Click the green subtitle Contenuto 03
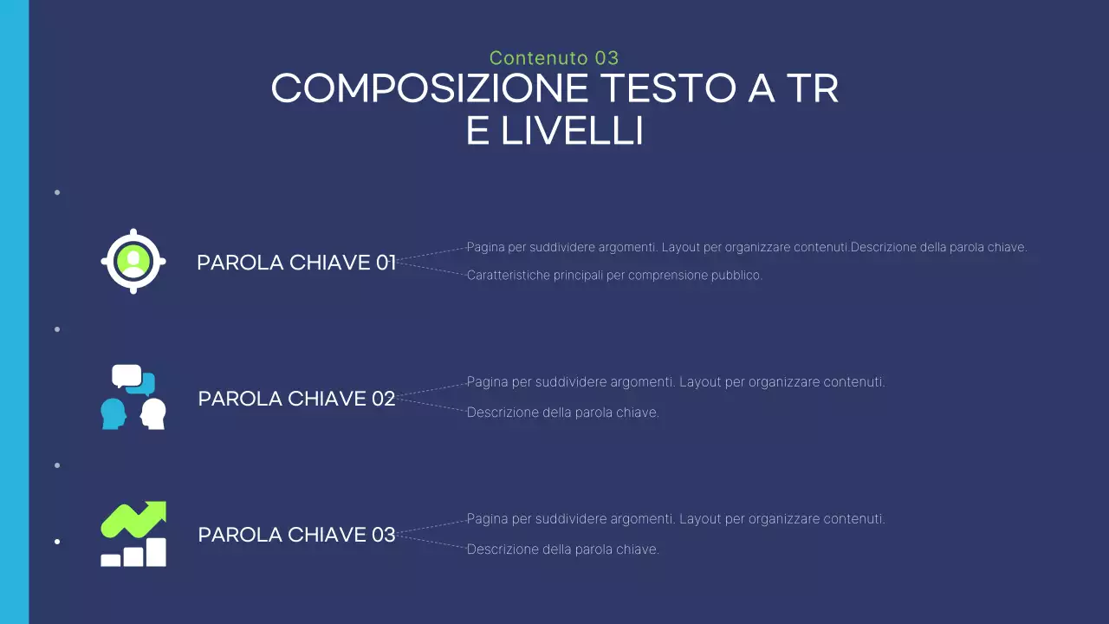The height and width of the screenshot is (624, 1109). point(554,58)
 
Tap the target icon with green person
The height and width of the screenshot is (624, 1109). point(133,261)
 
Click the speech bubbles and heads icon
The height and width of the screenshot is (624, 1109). point(133,397)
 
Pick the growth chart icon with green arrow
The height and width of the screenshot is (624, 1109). point(133,534)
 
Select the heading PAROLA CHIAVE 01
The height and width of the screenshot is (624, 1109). point(296,263)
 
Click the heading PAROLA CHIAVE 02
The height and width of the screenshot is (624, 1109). point(296,399)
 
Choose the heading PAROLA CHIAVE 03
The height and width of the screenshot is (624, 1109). point(296,535)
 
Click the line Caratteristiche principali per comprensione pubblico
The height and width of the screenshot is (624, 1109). point(614,276)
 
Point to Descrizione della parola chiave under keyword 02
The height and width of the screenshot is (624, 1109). point(563,413)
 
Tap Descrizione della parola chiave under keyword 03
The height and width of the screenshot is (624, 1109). point(563,549)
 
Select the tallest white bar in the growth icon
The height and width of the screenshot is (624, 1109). point(156,552)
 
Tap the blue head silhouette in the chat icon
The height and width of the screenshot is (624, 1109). point(113,413)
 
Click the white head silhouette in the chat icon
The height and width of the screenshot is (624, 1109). point(153,413)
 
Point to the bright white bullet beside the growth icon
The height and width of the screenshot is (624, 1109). point(57,542)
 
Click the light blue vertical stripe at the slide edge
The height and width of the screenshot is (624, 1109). point(14,312)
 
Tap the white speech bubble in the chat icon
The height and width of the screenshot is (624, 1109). point(126,375)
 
